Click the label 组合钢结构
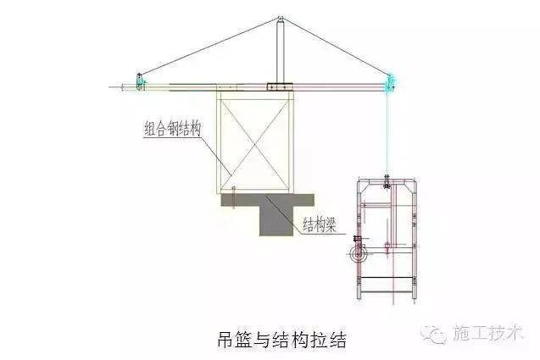(173, 129)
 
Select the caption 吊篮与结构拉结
(282, 340)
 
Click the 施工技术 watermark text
(488, 332)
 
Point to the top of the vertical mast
(281, 18)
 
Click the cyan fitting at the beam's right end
(390, 84)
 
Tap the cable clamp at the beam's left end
(140, 82)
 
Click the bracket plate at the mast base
(280, 86)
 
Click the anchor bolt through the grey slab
(233, 197)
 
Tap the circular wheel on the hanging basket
(359, 255)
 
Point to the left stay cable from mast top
(209, 46)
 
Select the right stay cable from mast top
(336, 47)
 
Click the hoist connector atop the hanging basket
(387, 182)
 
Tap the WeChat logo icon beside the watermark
(433, 333)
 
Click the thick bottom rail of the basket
(387, 277)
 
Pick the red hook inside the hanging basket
(387, 248)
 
